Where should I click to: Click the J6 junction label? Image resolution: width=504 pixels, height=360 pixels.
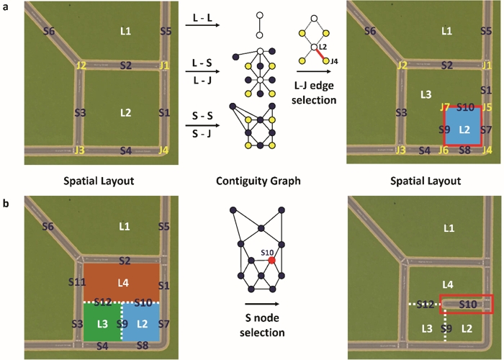tap(444, 150)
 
